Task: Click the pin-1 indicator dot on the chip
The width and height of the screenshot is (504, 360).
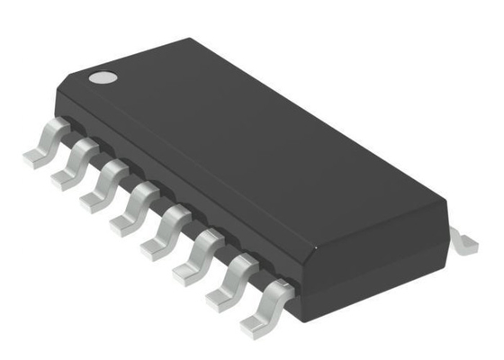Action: (103, 76)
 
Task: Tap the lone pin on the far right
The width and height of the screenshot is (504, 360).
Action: (464, 239)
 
